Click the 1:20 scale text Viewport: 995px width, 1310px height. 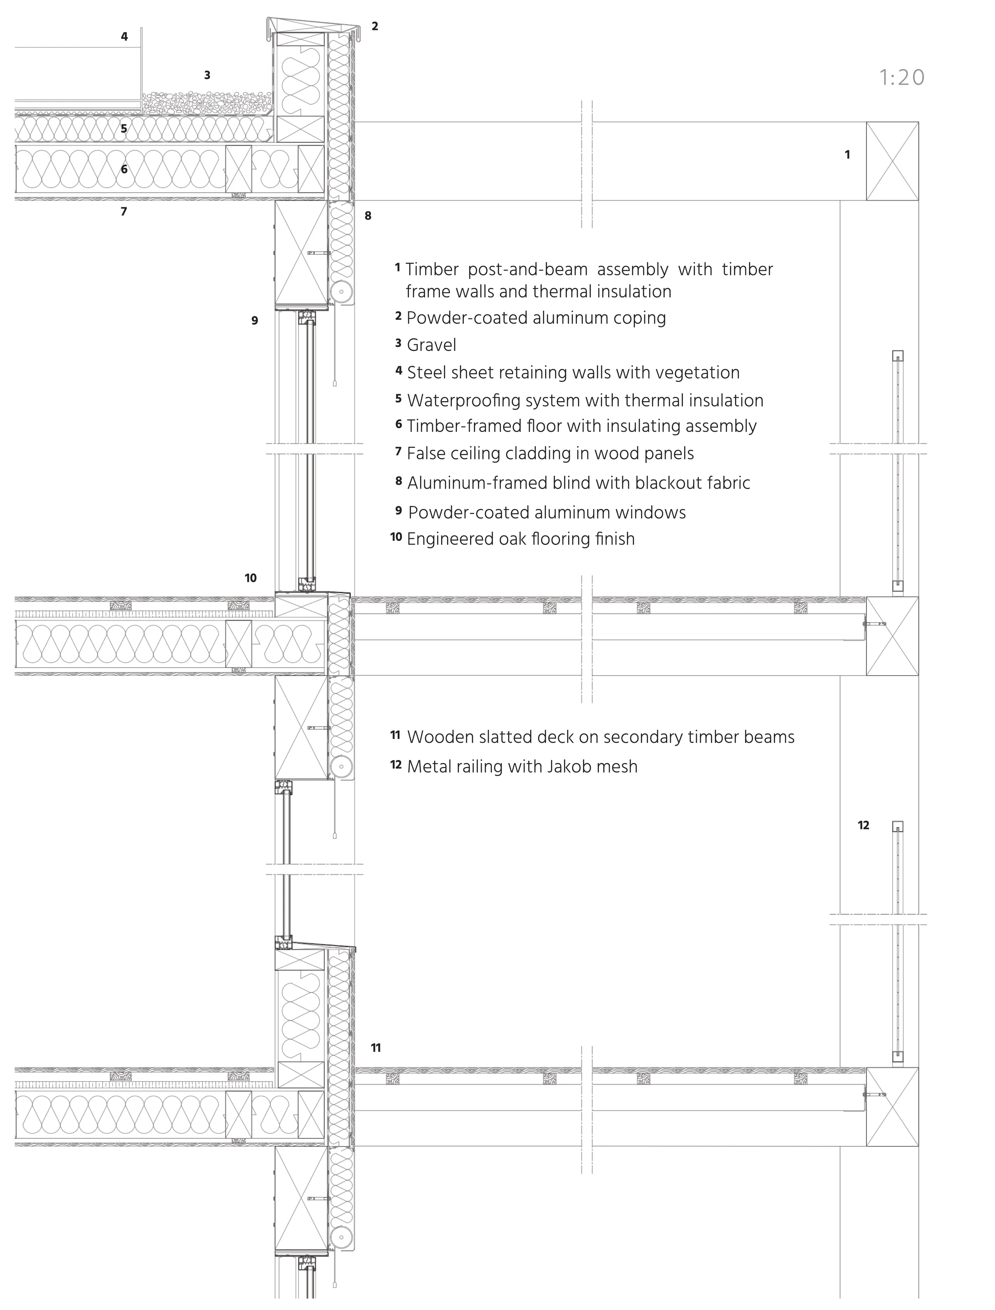902,78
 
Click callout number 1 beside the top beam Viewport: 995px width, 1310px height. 847,155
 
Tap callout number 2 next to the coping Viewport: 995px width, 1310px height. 375,26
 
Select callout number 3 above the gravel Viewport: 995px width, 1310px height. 207,75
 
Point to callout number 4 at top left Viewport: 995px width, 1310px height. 124,37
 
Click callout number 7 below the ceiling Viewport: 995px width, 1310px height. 124,212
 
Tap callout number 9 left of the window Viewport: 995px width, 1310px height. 255,321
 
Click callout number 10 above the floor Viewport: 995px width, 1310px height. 251,578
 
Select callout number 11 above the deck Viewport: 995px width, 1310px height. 376,1048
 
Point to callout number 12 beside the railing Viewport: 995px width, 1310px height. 863,825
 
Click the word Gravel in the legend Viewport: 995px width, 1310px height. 432,345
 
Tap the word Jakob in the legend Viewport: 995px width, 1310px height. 567,767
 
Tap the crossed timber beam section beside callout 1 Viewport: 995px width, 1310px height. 892,161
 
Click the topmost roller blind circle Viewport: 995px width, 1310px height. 342,291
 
